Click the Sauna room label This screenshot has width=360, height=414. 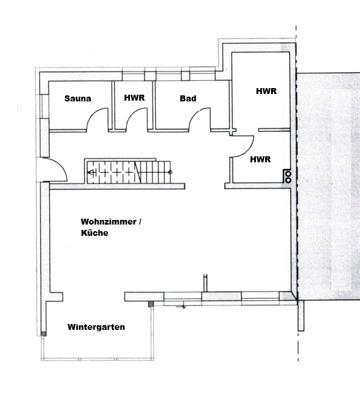(x=78, y=99)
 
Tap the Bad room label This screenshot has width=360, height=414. (x=188, y=99)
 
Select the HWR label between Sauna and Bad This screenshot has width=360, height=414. (x=135, y=97)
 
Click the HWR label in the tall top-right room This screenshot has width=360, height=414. (x=266, y=91)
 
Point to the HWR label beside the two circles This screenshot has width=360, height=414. (x=261, y=160)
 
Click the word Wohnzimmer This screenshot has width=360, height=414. (x=108, y=221)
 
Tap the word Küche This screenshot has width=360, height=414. (x=95, y=233)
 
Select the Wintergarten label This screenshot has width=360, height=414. (x=96, y=327)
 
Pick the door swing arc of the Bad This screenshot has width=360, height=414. (x=194, y=113)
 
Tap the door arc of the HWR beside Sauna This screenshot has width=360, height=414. (x=132, y=113)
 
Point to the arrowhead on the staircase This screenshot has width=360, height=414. (x=91, y=173)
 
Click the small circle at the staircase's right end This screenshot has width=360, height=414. (x=170, y=172)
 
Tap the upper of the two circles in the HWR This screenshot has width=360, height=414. (x=288, y=174)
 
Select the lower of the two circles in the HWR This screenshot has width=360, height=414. (x=288, y=180)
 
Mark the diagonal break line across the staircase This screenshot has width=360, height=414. (x=137, y=172)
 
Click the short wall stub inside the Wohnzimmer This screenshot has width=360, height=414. (x=206, y=283)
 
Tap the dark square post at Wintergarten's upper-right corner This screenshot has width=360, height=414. (x=150, y=305)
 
